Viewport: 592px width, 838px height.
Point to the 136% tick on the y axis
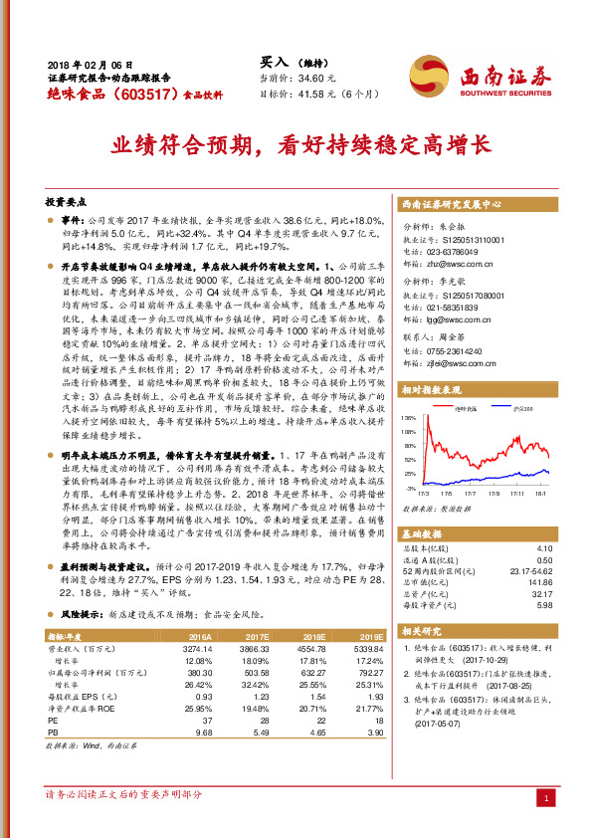click(x=408, y=418)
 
